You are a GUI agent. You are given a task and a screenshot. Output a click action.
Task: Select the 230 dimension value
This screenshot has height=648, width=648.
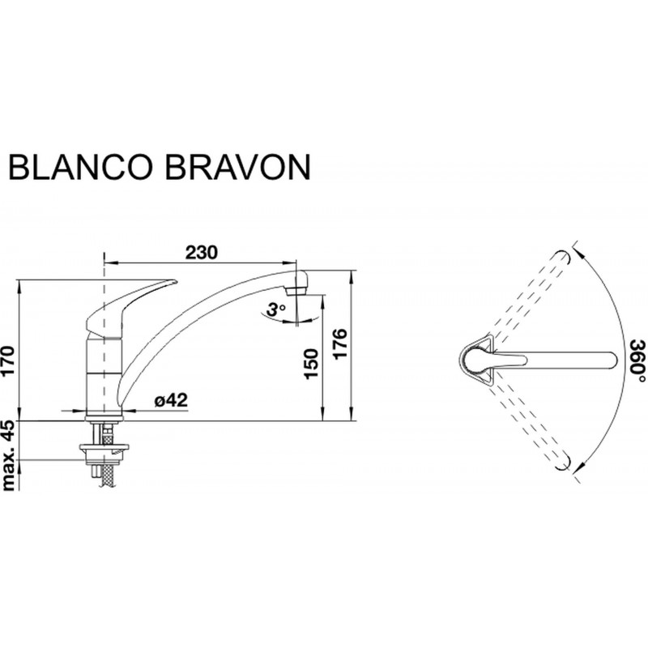[201, 253]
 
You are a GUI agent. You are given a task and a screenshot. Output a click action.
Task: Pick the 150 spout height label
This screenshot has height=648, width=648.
[311, 364]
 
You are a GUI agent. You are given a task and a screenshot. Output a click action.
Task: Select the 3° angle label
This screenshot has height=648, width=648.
[275, 309]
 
